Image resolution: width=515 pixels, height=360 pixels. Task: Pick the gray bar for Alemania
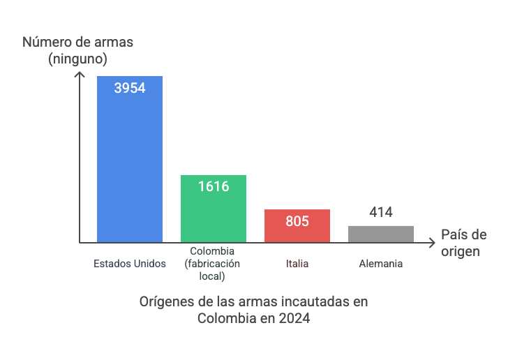click(381, 234)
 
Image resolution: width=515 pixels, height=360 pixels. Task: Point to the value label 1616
click(214, 186)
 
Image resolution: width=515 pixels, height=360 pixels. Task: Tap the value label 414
click(381, 212)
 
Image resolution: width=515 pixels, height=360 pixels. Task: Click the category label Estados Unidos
click(130, 264)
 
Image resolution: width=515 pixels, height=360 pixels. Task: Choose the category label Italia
click(297, 264)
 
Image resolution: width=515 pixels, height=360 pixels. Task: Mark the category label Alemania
click(381, 264)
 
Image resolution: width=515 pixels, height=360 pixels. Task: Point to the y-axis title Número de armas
click(78, 43)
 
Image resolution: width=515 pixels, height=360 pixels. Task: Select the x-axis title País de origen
click(463, 243)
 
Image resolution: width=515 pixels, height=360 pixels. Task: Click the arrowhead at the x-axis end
click(433, 243)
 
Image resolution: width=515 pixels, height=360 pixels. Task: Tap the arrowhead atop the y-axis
click(80, 70)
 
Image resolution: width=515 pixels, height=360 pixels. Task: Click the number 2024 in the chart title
click(295, 318)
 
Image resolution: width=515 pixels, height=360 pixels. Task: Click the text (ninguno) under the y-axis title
click(78, 59)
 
